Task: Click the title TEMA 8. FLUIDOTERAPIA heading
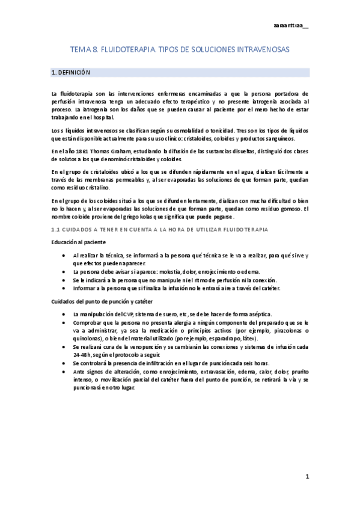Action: pos(179,52)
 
